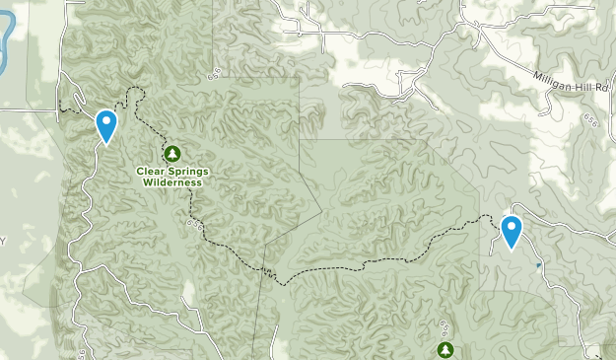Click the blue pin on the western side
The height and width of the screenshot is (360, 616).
coord(105,125)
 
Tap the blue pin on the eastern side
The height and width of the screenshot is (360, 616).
coord(511,231)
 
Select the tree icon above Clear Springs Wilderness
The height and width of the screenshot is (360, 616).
coord(172,153)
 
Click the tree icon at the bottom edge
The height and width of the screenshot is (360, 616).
coord(445,350)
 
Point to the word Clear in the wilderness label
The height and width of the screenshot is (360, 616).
coord(150,171)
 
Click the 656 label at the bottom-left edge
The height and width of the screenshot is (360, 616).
coord(82,352)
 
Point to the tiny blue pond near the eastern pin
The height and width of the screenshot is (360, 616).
coord(537,265)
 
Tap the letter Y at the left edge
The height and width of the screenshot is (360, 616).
coord(3,241)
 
